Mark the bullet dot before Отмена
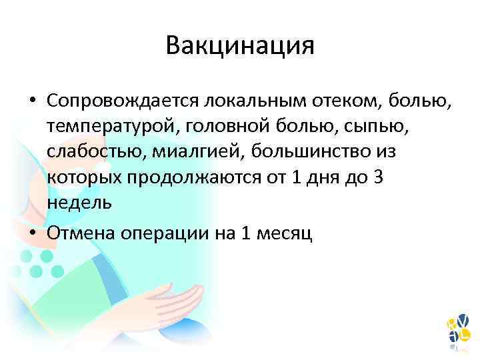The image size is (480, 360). [33, 231]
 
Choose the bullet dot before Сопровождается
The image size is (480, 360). [33, 101]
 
